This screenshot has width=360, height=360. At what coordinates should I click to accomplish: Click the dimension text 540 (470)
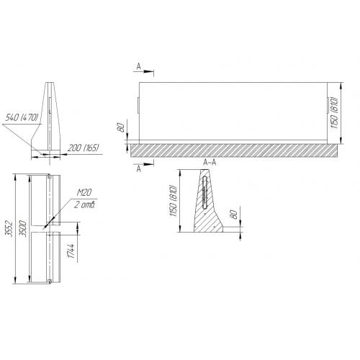coord(22,117)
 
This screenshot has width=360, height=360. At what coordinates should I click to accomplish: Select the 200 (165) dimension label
coord(84,148)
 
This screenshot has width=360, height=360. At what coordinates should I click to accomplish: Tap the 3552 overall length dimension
coord(9,228)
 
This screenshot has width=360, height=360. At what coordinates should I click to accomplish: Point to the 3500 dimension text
coord(23,228)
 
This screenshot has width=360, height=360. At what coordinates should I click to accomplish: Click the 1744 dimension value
coord(71,251)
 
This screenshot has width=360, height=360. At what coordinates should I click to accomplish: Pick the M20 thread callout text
coord(84,192)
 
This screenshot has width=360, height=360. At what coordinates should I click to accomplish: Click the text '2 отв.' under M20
coord(85,204)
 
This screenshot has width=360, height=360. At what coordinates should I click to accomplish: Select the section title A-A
coord(210,163)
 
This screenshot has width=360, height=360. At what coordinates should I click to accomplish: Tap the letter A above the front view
coord(139,66)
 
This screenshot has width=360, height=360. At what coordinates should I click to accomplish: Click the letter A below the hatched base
coord(139,169)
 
